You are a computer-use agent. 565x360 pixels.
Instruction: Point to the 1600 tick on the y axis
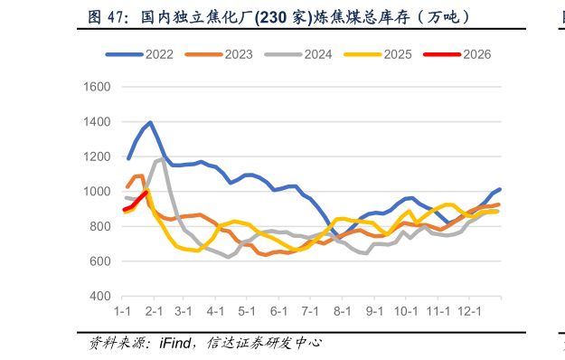click(x=97, y=87)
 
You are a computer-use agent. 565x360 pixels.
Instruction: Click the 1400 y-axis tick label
click(x=97, y=122)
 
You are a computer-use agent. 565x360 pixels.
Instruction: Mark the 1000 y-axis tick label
click(x=97, y=192)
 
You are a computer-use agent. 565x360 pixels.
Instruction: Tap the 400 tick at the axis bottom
click(x=99, y=297)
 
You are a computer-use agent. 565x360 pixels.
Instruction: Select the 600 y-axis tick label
click(x=99, y=261)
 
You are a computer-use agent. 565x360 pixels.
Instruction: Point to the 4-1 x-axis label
click(x=215, y=311)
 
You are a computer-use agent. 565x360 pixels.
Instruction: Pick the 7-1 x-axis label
click(x=310, y=311)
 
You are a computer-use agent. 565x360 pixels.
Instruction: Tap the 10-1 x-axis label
click(x=405, y=311)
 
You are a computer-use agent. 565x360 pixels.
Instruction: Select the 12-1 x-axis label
click(x=468, y=311)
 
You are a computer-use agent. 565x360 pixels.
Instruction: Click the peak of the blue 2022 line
click(x=150, y=123)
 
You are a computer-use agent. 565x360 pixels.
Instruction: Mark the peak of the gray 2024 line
click(x=163, y=159)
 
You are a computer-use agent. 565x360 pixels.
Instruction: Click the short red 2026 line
click(x=136, y=202)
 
